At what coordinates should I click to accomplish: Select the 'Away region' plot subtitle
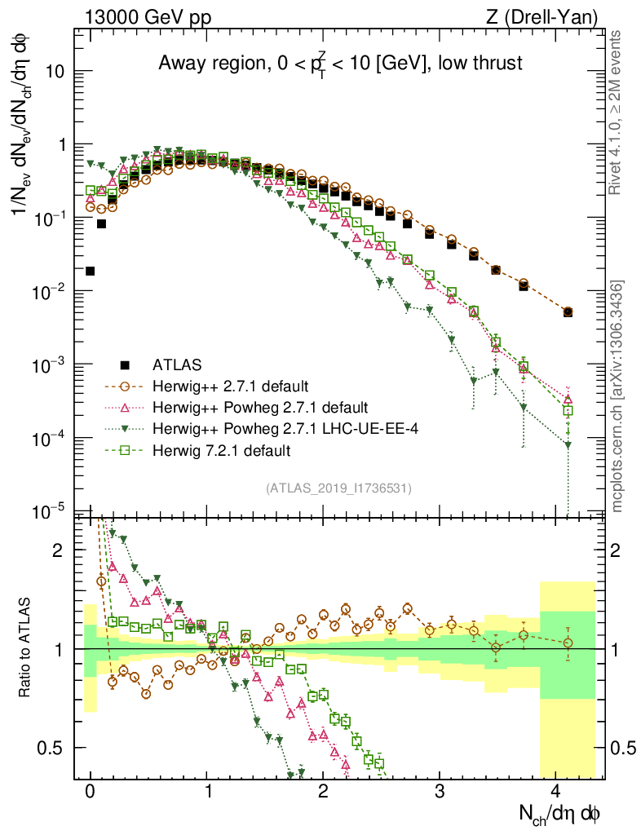(x=340, y=63)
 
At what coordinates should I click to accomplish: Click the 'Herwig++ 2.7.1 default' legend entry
(x=224, y=386)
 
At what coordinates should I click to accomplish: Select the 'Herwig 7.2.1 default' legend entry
(x=222, y=449)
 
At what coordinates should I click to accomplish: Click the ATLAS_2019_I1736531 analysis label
(x=338, y=488)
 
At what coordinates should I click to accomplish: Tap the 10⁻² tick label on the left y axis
(x=50, y=292)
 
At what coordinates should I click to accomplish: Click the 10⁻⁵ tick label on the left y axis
(x=50, y=512)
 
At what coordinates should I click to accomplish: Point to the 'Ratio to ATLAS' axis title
(x=26, y=648)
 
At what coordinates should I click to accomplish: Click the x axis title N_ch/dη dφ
(x=560, y=813)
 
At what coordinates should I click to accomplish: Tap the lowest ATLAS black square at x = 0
(x=90, y=271)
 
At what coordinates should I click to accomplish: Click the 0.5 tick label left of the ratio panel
(x=50, y=748)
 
